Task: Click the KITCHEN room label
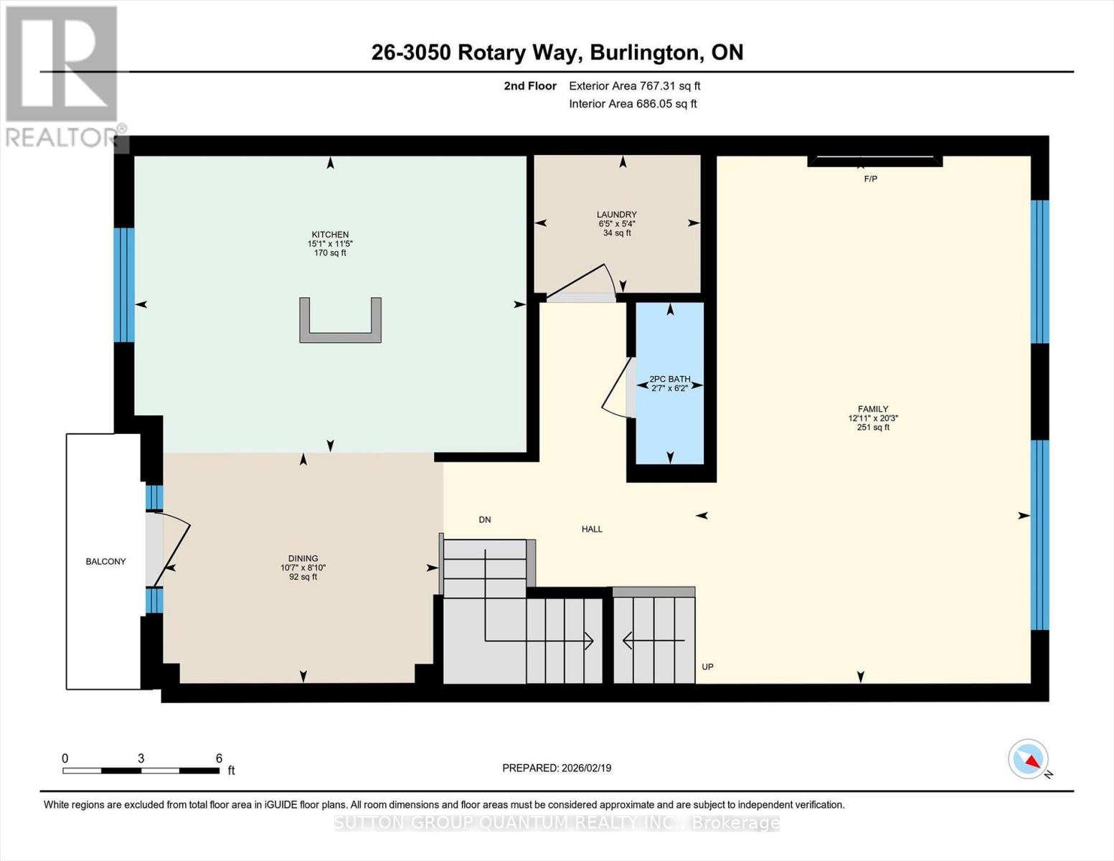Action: click(330, 235)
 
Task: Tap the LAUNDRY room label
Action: click(616, 215)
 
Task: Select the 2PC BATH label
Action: click(669, 379)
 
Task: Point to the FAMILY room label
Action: click(872, 409)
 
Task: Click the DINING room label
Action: click(303, 558)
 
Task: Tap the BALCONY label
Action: click(105, 561)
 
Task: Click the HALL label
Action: click(592, 529)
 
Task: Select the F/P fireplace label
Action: click(870, 179)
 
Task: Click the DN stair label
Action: click(485, 519)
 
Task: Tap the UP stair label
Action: click(707, 667)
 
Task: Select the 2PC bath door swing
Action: click(615, 387)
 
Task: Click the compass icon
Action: click(1029, 759)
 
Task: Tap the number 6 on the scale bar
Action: click(219, 758)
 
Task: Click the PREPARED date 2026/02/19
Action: click(557, 768)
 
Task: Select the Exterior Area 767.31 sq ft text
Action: click(634, 86)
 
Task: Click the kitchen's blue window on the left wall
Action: click(125, 285)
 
